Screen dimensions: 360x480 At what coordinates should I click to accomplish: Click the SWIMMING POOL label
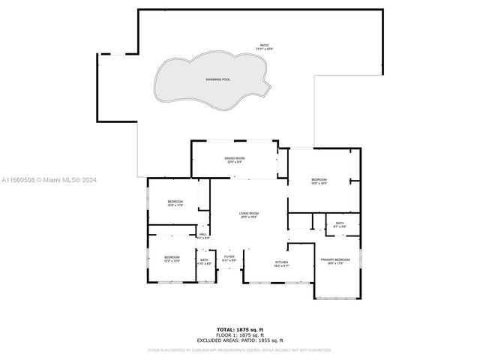[x=219, y=79]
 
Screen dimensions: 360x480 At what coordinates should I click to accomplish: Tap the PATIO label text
[x=263, y=46]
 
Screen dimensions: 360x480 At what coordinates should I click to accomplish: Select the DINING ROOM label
[x=234, y=158]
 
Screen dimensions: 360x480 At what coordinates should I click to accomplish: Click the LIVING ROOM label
[x=248, y=214]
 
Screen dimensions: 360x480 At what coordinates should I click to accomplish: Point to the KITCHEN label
[x=281, y=262]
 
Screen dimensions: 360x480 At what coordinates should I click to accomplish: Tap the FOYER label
[x=229, y=257]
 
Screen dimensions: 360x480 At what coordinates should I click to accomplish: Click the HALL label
[x=202, y=234]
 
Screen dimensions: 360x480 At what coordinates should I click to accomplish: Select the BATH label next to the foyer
[x=204, y=260]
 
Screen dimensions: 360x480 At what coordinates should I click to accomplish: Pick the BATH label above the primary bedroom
[x=340, y=223]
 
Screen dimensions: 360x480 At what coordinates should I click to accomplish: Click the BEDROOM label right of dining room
[x=319, y=179]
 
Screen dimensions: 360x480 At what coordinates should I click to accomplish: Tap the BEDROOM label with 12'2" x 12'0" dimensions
[x=172, y=257]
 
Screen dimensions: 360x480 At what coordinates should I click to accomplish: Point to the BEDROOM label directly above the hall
[x=175, y=202]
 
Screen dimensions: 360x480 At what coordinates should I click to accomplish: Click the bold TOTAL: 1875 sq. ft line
[x=239, y=329]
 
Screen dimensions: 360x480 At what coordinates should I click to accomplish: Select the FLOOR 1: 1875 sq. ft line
[x=239, y=334]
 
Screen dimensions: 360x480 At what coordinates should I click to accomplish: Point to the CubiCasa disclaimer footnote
[x=239, y=349]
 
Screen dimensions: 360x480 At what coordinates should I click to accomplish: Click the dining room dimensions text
[x=234, y=163]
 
